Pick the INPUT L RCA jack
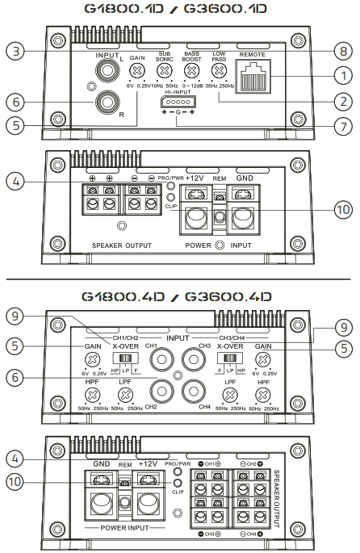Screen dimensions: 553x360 coord(106,71)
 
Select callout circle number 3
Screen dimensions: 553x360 coord(15,52)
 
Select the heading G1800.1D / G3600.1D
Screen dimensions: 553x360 coord(179,10)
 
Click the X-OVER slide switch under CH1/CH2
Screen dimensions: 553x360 coord(124,357)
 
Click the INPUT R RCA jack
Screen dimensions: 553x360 coord(106,103)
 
